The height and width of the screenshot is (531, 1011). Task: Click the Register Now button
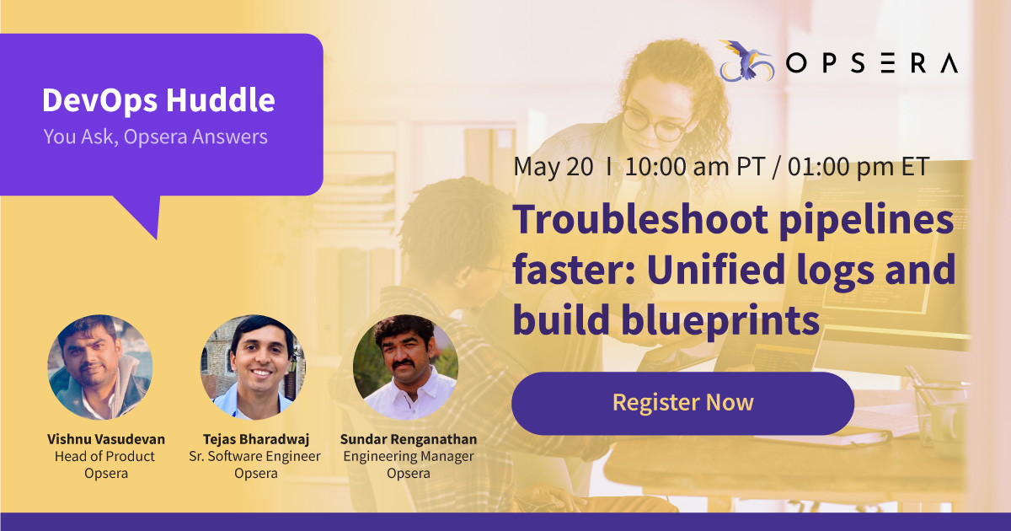pyautogui.click(x=682, y=403)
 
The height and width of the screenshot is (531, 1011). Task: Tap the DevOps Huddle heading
pyautogui.click(x=158, y=101)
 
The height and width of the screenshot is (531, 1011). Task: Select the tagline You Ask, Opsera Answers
pyautogui.click(x=155, y=137)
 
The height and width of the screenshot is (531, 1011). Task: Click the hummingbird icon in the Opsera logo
pyautogui.click(x=744, y=61)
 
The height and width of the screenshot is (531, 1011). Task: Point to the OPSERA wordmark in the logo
pyautogui.click(x=872, y=64)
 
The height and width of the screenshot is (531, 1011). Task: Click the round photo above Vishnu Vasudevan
pyautogui.click(x=100, y=367)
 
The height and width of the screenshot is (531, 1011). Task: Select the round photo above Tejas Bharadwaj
pyautogui.click(x=253, y=367)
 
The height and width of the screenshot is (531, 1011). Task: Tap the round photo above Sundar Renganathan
pyautogui.click(x=405, y=367)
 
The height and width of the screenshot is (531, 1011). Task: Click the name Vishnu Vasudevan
pyautogui.click(x=106, y=439)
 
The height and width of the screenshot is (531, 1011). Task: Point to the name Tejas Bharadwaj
pyautogui.click(x=255, y=439)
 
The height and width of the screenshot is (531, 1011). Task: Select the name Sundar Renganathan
pyautogui.click(x=408, y=439)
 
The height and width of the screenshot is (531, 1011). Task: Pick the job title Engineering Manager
pyautogui.click(x=408, y=456)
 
